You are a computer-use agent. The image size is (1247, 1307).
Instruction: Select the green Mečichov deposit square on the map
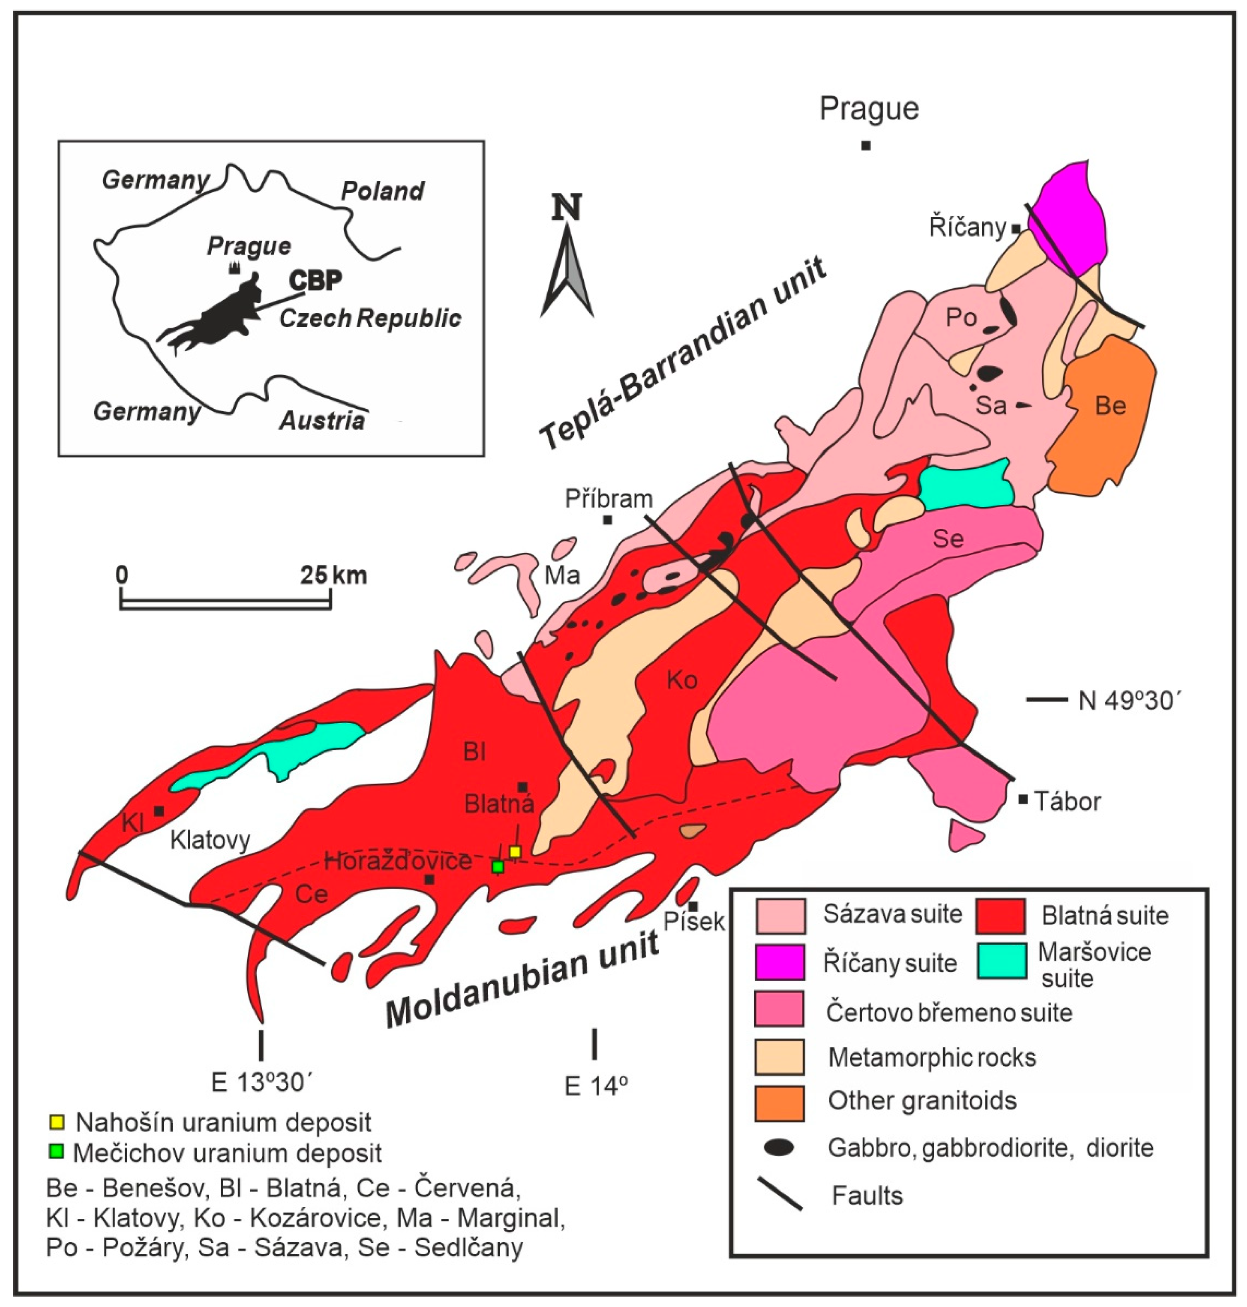[498, 866]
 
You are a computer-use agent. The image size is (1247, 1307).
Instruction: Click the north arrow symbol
[567, 266]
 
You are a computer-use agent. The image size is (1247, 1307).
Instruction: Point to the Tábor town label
[1067, 802]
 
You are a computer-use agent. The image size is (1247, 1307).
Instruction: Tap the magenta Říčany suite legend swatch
[780, 962]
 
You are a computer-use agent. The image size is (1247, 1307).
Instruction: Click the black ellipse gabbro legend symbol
[779, 1148]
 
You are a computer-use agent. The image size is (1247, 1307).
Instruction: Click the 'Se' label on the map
[948, 538]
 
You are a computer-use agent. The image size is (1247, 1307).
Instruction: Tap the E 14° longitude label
[596, 1086]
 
